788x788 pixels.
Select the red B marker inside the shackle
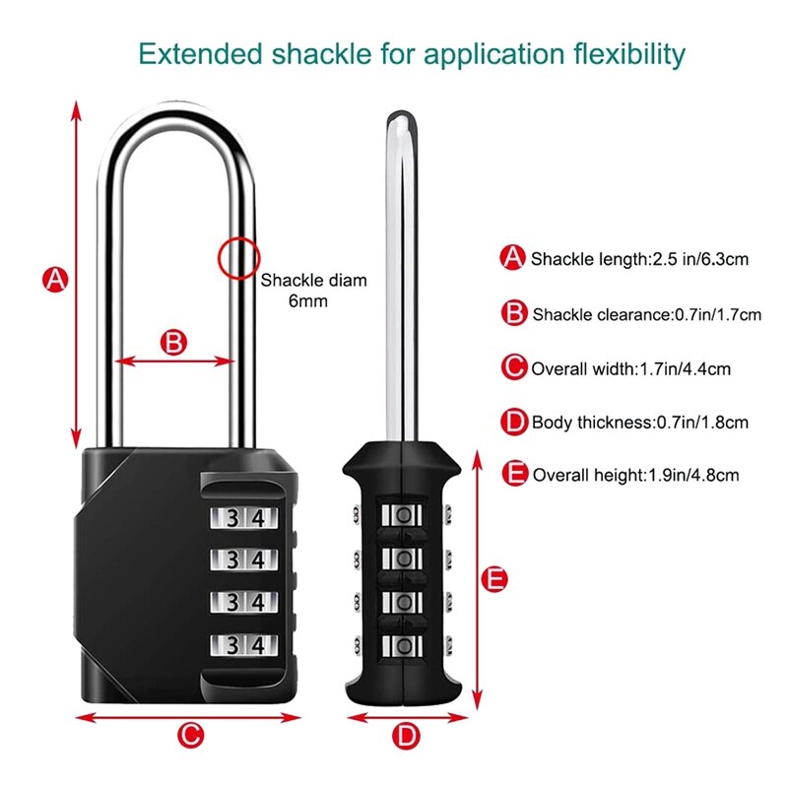[x=172, y=343]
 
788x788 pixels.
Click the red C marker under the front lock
[x=191, y=734]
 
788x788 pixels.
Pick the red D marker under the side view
[x=405, y=734]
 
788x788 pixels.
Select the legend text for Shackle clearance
[x=647, y=315]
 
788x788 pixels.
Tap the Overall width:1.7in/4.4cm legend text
[x=631, y=369]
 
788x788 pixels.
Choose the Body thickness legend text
[x=640, y=423]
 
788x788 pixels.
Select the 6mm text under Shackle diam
[x=307, y=301]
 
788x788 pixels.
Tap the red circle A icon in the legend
[x=513, y=258]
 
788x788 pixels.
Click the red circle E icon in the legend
[x=513, y=474]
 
